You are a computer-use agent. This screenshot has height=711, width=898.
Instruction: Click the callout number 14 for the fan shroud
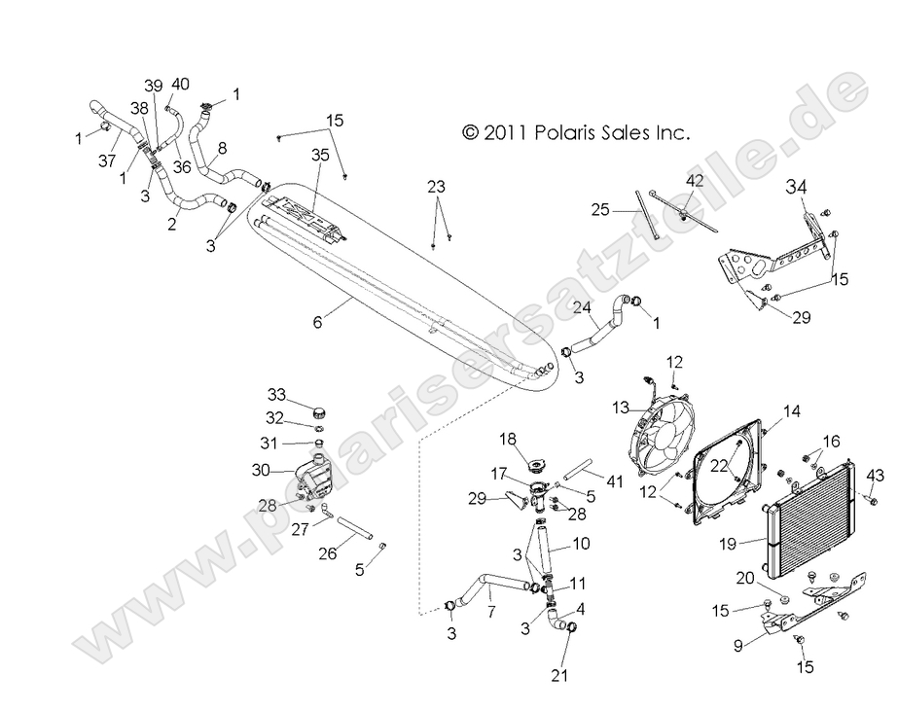(x=792, y=411)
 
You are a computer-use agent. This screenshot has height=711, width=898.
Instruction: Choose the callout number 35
(x=320, y=155)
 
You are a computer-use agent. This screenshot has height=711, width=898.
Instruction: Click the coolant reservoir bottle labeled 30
(x=312, y=476)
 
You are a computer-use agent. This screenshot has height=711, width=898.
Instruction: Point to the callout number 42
(x=694, y=181)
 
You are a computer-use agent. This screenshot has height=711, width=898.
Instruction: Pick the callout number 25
(x=600, y=209)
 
